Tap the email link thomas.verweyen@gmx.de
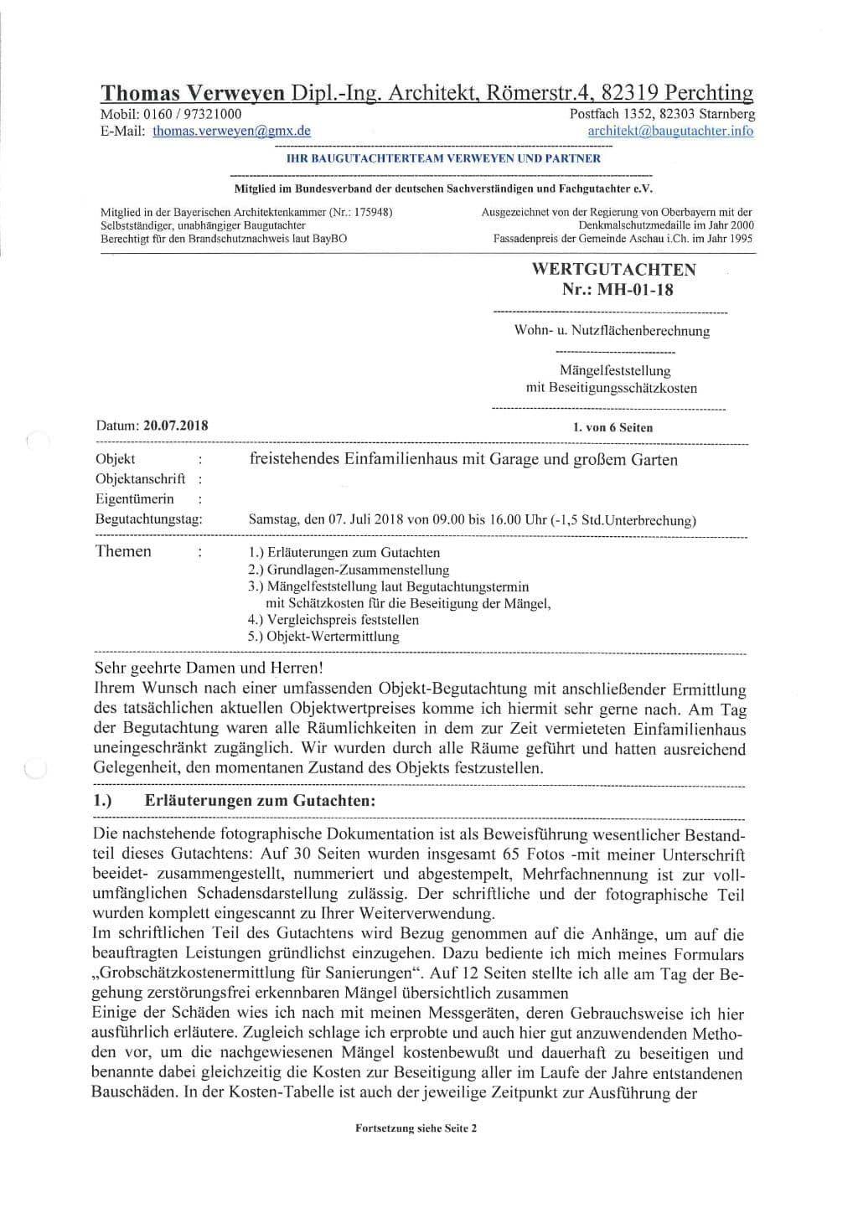[x=231, y=131]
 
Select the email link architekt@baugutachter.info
[x=669, y=131]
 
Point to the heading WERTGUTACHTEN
[x=613, y=270]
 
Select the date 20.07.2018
[x=175, y=425]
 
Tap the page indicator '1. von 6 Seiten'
[x=612, y=427]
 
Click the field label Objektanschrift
[x=140, y=479]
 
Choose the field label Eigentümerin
[x=135, y=499]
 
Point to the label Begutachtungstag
[x=149, y=519]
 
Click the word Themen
[x=123, y=551]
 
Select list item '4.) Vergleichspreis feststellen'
[x=333, y=620]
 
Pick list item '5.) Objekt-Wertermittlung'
[x=323, y=637]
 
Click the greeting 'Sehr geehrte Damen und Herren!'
[x=208, y=668]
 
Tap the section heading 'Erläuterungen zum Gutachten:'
[x=260, y=801]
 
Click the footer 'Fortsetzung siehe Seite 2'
[x=416, y=1128]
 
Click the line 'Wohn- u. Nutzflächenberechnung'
[x=612, y=331]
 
